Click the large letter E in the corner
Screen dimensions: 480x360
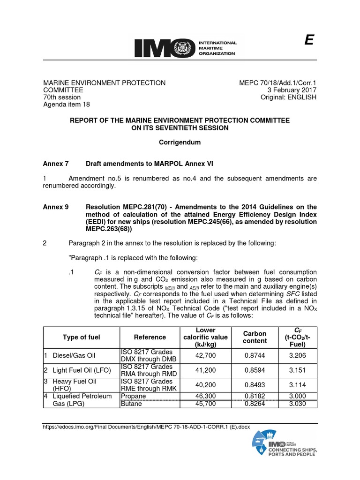[308, 41]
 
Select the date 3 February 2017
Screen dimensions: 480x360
[292, 90]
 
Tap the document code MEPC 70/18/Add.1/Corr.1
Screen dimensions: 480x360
[278, 83]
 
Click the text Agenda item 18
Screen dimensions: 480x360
[67, 105]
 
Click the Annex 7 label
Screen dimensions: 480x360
[56, 163]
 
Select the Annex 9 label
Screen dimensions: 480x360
[56, 207]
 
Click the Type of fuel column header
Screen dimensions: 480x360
[81, 337]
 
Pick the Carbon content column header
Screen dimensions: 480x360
[255, 337]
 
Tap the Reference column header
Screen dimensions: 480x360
[150, 337]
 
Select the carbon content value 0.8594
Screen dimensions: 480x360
[255, 370]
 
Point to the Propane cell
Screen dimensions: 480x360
[133, 396]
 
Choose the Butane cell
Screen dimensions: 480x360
[131, 404]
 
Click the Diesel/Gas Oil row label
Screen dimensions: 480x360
[74, 356]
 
